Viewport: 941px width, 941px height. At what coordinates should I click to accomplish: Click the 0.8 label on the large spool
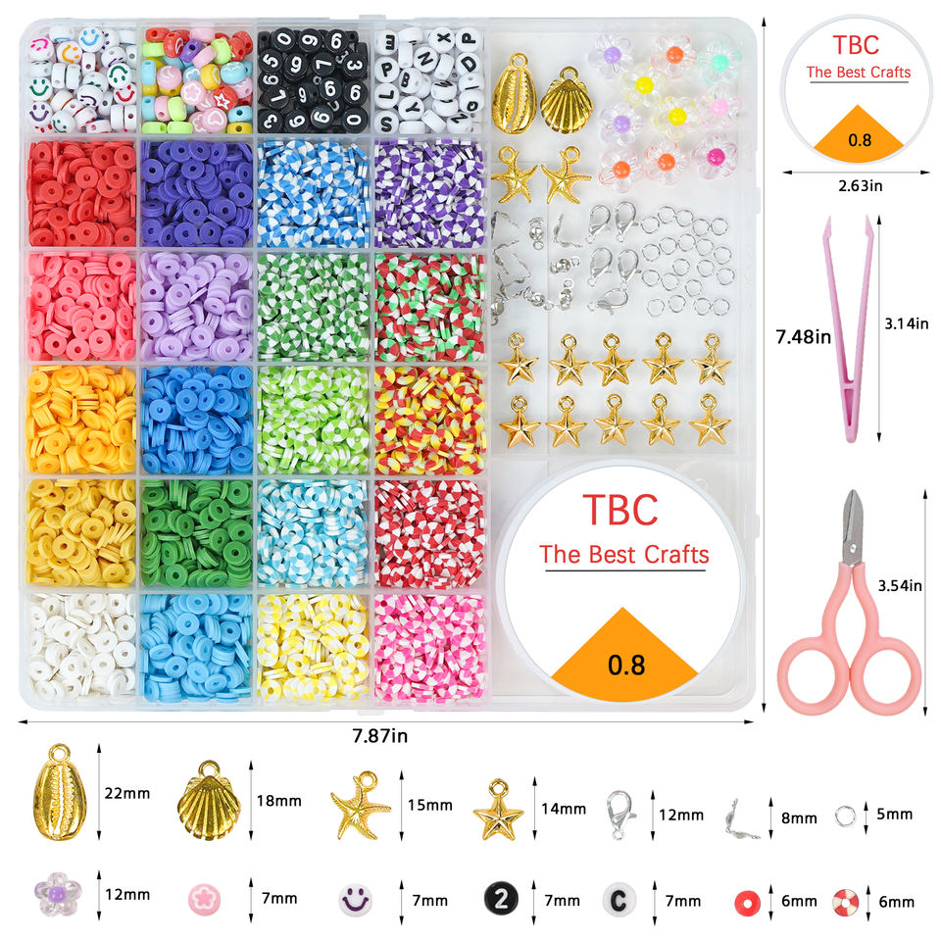[x=626, y=665]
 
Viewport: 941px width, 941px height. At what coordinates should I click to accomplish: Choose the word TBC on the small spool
[x=856, y=46]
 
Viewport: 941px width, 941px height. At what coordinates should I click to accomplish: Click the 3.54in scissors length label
[x=900, y=586]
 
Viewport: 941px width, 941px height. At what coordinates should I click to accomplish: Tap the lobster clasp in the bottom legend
[x=620, y=815]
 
